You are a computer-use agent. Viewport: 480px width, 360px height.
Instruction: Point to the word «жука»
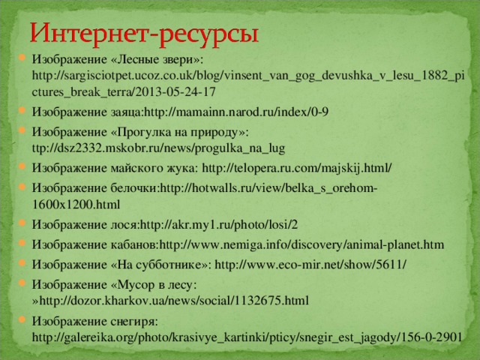point(178,168)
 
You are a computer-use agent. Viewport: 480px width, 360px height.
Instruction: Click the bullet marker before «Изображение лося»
point(22,224)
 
